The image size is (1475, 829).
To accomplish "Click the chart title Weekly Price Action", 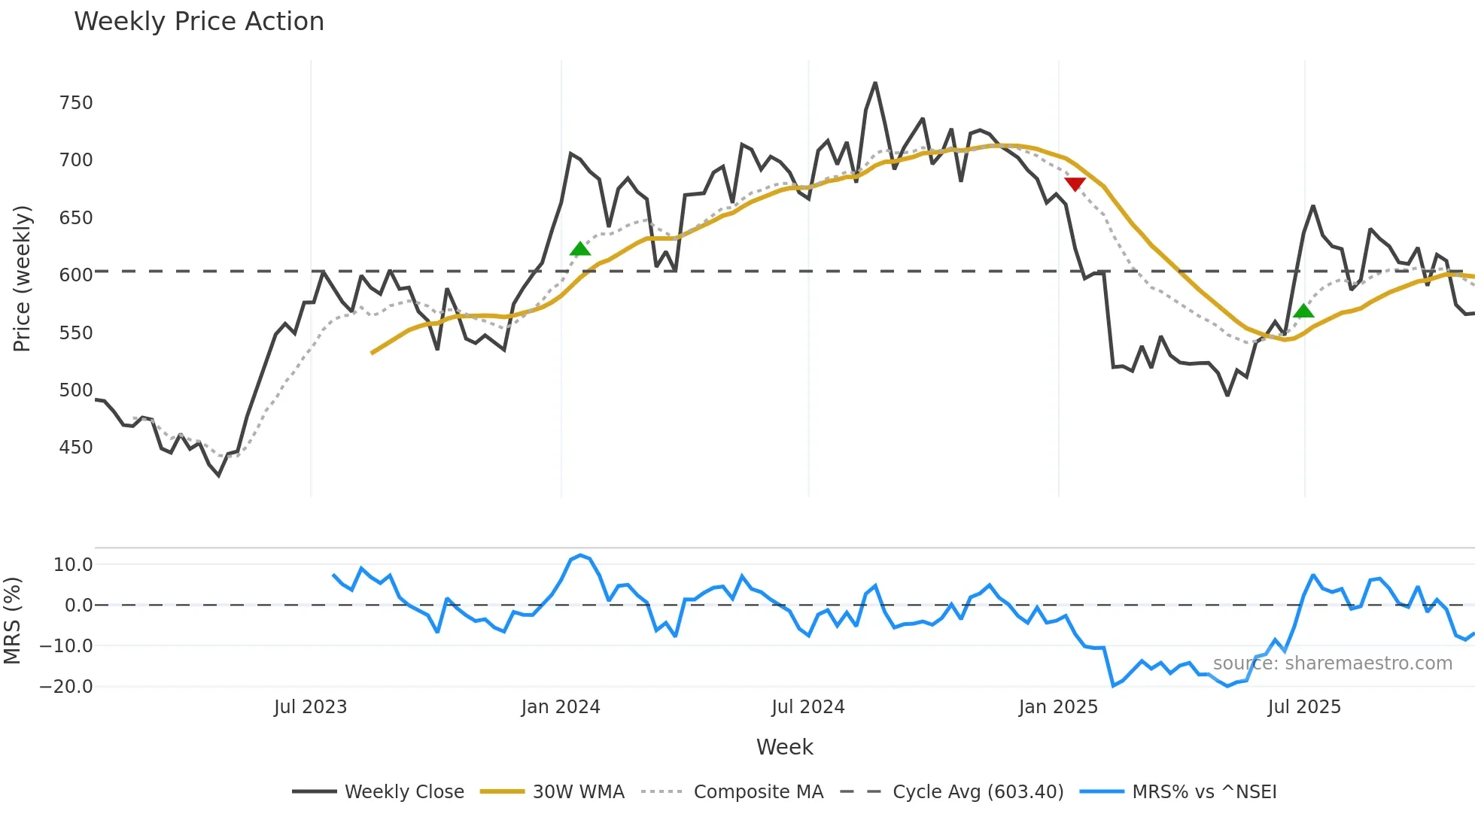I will coord(199,22).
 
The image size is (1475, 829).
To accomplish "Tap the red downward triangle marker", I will coord(1075,184).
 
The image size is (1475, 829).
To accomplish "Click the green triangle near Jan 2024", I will coord(580,249).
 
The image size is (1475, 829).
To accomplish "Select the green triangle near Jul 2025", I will coord(1304,311).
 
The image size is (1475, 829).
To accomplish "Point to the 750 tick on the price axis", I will coord(76,103).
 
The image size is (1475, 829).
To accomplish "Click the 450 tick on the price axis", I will coord(76,448).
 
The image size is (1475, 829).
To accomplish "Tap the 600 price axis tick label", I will coord(76,275).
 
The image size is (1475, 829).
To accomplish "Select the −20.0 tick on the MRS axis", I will coord(67,687).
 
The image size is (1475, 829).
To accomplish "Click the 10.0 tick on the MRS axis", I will coord(73,565).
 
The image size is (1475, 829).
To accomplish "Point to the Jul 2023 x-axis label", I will coord(310,707).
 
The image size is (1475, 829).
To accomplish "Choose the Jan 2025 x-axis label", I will coord(1058,707).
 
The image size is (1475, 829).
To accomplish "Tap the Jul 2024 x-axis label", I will coord(808,707).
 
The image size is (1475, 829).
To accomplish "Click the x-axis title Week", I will coord(784,747).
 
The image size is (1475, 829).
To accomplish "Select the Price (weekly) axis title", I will coord(22,278).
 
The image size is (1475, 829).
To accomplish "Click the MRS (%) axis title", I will coord(13,621).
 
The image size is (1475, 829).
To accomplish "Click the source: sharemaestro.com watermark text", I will coord(1332,664).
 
